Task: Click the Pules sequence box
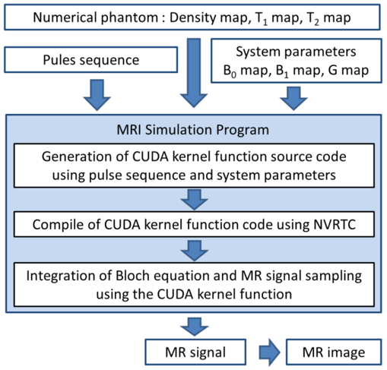(90, 60)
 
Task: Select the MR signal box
(195, 352)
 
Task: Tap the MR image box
(334, 352)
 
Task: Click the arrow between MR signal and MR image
(269, 353)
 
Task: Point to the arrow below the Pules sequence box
(97, 95)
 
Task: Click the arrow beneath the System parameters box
(293, 98)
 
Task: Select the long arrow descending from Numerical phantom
(194, 73)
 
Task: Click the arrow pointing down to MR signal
(195, 327)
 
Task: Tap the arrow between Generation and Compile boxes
(195, 200)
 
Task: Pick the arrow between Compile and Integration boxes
(195, 251)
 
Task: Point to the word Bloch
(132, 276)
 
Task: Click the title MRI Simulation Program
(192, 130)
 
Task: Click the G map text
(348, 70)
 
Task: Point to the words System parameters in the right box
(296, 52)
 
